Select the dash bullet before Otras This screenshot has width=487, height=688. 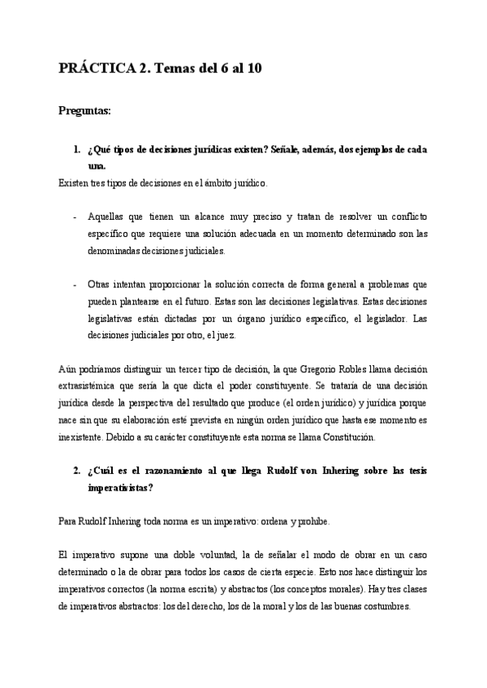tap(75, 286)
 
